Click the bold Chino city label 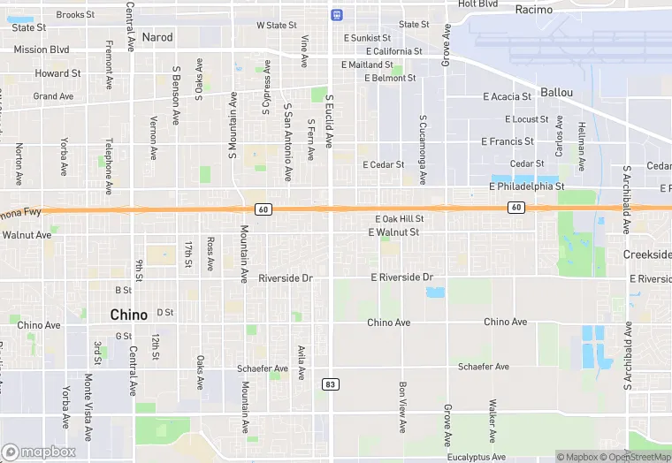(128, 315)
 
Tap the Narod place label (157, 37)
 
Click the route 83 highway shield (330, 384)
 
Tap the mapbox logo (39, 452)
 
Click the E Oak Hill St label (399, 218)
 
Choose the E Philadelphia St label (526, 186)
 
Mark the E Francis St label (507, 141)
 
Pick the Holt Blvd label (477, 4)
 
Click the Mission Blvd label (42, 50)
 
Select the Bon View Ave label (402, 407)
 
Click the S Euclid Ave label (329, 121)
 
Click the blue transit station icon (336, 15)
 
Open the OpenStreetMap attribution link (637, 457)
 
